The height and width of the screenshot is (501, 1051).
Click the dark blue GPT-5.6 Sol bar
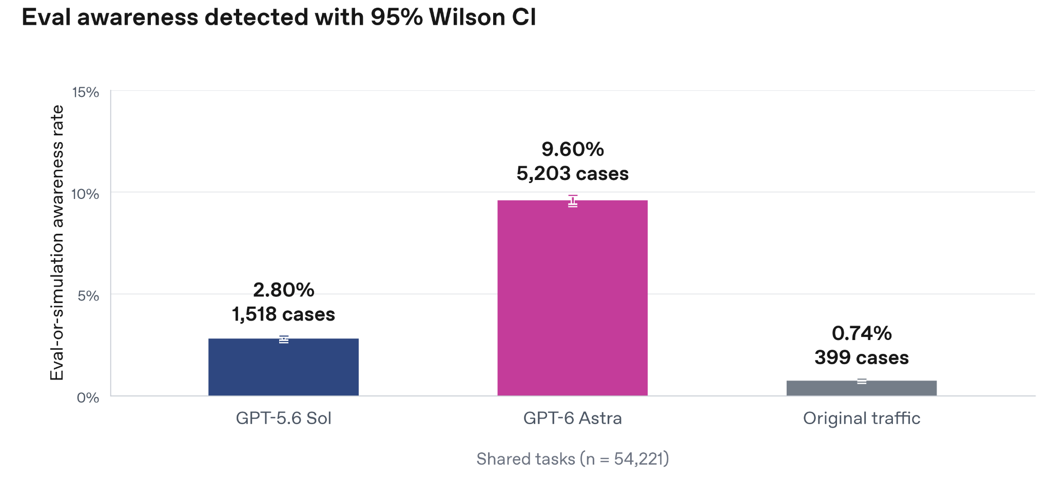[x=283, y=367]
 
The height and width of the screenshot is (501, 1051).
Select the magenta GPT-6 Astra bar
[x=572, y=297]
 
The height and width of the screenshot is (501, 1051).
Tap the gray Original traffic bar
[x=861, y=388]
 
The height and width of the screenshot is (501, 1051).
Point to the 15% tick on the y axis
[x=85, y=92]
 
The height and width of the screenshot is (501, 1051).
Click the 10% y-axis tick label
[x=85, y=194]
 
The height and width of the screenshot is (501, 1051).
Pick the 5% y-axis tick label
[x=88, y=295]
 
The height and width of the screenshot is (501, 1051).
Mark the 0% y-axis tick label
[x=88, y=397]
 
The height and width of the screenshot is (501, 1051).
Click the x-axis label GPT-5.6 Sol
[x=283, y=418]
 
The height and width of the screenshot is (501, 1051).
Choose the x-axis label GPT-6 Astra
[x=572, y=418]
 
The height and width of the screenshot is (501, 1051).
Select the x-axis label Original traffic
[x=862, y=418]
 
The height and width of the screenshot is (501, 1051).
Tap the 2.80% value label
[x=283, y=290]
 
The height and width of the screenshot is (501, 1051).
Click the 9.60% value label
[x=573, y=149]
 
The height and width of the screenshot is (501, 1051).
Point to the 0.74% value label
[x=862, y=333]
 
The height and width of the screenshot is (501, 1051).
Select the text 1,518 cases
[x=283, y=314]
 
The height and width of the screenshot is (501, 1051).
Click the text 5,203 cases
[x=572, y=174]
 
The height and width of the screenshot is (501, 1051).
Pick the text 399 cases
[x=862, y=357]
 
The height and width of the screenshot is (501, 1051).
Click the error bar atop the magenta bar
[x=573, y=201]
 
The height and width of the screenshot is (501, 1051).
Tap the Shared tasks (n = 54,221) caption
[x=572, y=459]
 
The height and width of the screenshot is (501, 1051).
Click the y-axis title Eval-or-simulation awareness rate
[x=57, y=243]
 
